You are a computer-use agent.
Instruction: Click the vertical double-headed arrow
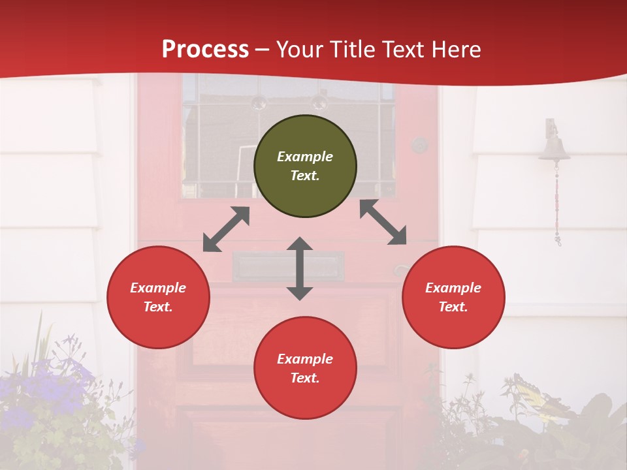click(x=300, y=269)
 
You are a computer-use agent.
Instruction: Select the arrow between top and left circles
click(x=226, y=229)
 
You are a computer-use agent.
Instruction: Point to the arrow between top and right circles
click(x=383, y=222)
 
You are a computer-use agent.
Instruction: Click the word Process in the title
click(x=205, y=49)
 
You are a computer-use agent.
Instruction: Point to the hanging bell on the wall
click(x=554, y=148)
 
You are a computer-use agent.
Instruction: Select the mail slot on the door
click(x=289, y=266)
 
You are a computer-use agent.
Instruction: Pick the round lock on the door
click(x=419, y=145)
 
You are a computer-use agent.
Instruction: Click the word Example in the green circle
click(x=305, y=157)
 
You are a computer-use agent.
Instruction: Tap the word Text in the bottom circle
click(x=305, y=378)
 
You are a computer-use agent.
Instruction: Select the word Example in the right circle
click(x=453, y=288)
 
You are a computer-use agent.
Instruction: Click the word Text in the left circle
click(x=158, y=307)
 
